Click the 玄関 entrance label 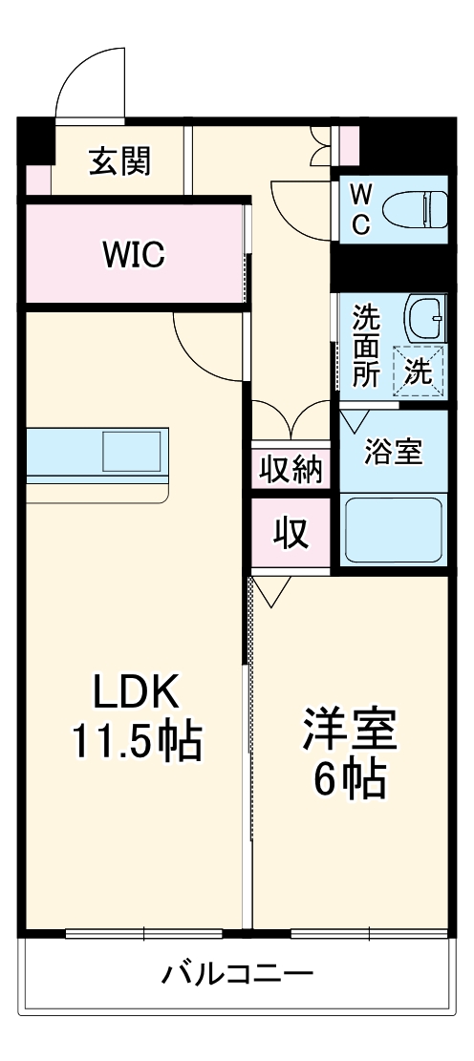pyautogui.click(x=120, y=161)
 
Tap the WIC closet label pyautogui.click(x=134, y=254)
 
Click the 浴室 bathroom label pyautogui.click(x=393, y=452)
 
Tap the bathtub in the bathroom pyautogui.click(x=393, y=529)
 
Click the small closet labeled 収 pyautogui.click(x=292, y=534)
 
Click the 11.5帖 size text pyautogui.click(x=136, y=741)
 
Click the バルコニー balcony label pyautogui.click(x=237, y=975)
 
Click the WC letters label pyautogui.click(x=360, y=209)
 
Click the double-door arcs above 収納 pyautogui.click(x=292, y=417)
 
